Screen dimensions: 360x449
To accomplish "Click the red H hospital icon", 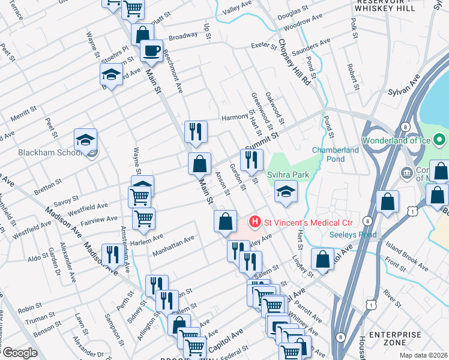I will [x=255, y=223].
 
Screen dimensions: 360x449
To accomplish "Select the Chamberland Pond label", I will [x=328, y=154].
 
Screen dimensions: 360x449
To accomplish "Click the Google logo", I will [x=20, y=353].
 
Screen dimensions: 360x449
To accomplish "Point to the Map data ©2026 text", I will [x=423, y=355].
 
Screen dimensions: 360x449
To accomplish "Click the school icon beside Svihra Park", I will [x=285, y=193].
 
